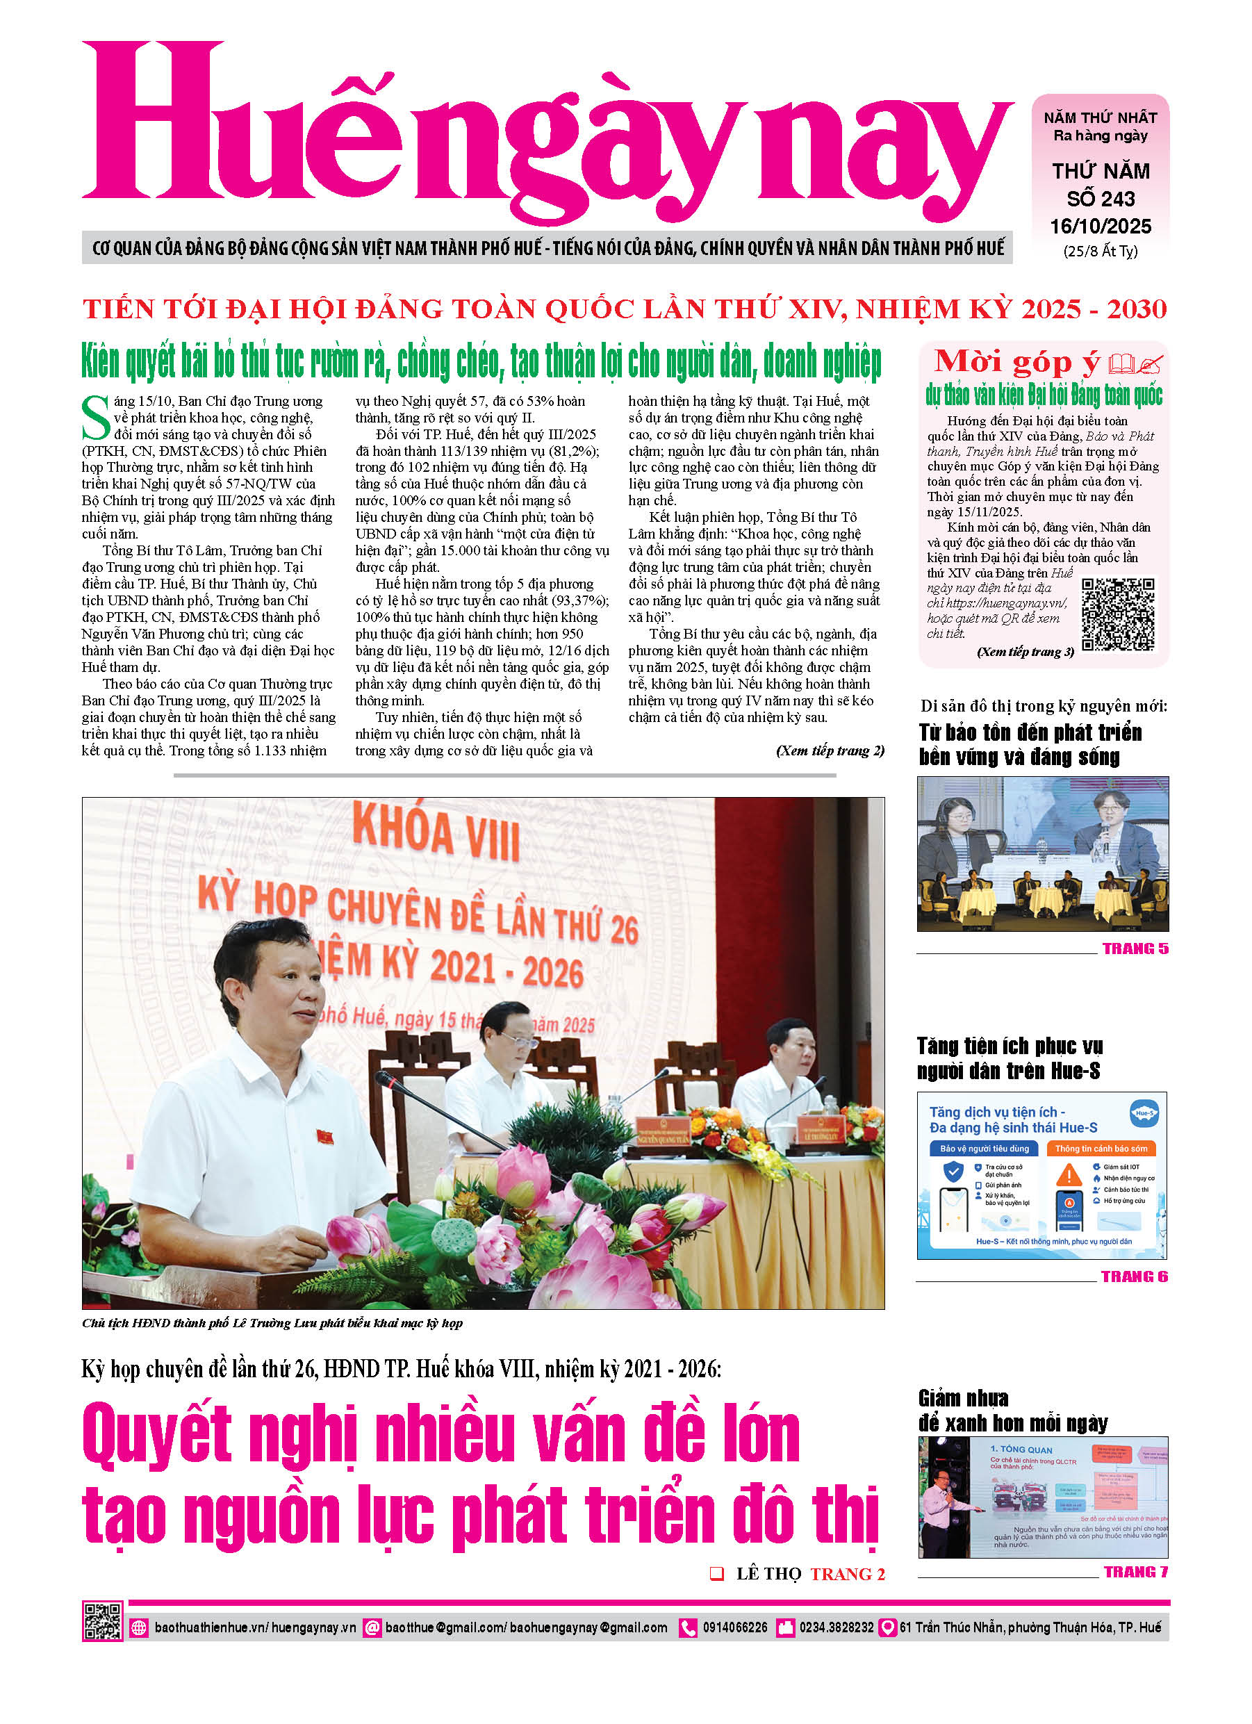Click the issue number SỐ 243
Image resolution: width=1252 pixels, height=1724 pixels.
(x=1100, y=199)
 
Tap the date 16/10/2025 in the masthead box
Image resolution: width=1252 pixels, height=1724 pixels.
(x=1100, y=227)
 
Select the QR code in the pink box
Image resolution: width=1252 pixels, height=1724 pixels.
(x=1117, y=614)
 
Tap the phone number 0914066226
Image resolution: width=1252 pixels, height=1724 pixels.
(x=734, y=1627)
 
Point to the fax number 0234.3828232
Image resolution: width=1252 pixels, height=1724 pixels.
(x=835, y=1627)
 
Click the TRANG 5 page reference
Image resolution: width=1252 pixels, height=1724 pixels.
(x=1135, y=949)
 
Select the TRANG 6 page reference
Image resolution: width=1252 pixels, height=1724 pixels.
(x=1134, y=1276)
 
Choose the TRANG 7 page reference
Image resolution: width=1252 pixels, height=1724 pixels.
(x=1135, y=1572)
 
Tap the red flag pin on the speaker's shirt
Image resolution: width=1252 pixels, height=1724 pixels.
(x=324, y=1136)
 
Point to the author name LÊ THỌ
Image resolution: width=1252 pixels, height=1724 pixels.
(x=768, y=1574)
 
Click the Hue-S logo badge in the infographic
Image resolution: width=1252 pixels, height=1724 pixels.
(x=1144, y=1113)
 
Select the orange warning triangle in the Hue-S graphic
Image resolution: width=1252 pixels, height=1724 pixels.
(x=1069, y=1175)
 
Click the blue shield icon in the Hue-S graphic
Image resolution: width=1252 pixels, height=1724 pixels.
(x=953, y=1172)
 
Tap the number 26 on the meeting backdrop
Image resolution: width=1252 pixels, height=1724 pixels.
(x=623, y=930)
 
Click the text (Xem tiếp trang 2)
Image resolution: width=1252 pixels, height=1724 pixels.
(x=830, y=751)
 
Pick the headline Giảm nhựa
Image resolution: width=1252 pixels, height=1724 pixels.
(x=963, y=1399)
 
